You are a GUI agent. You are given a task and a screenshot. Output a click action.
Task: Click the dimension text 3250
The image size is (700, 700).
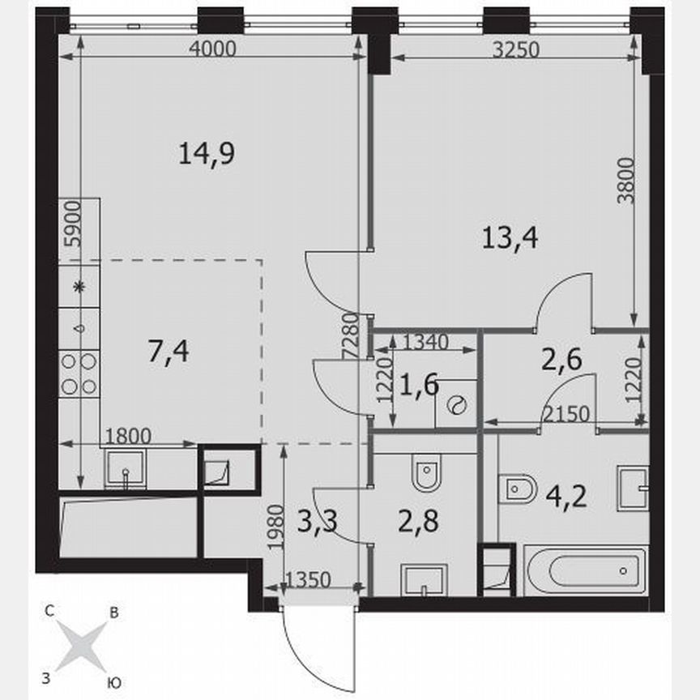[x=515, y=49]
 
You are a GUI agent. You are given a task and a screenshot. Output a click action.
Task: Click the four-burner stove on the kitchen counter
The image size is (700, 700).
[x=79, y=373]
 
